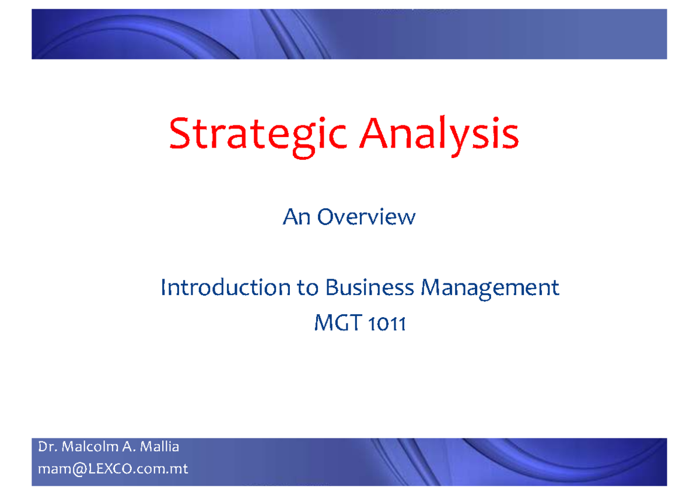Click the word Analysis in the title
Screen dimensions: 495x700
[439, 135]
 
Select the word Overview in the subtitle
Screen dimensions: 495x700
[366, 217]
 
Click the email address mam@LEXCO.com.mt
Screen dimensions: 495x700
[113, 469]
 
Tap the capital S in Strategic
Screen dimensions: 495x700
[178, 135]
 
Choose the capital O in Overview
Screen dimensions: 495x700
[325, 217]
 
